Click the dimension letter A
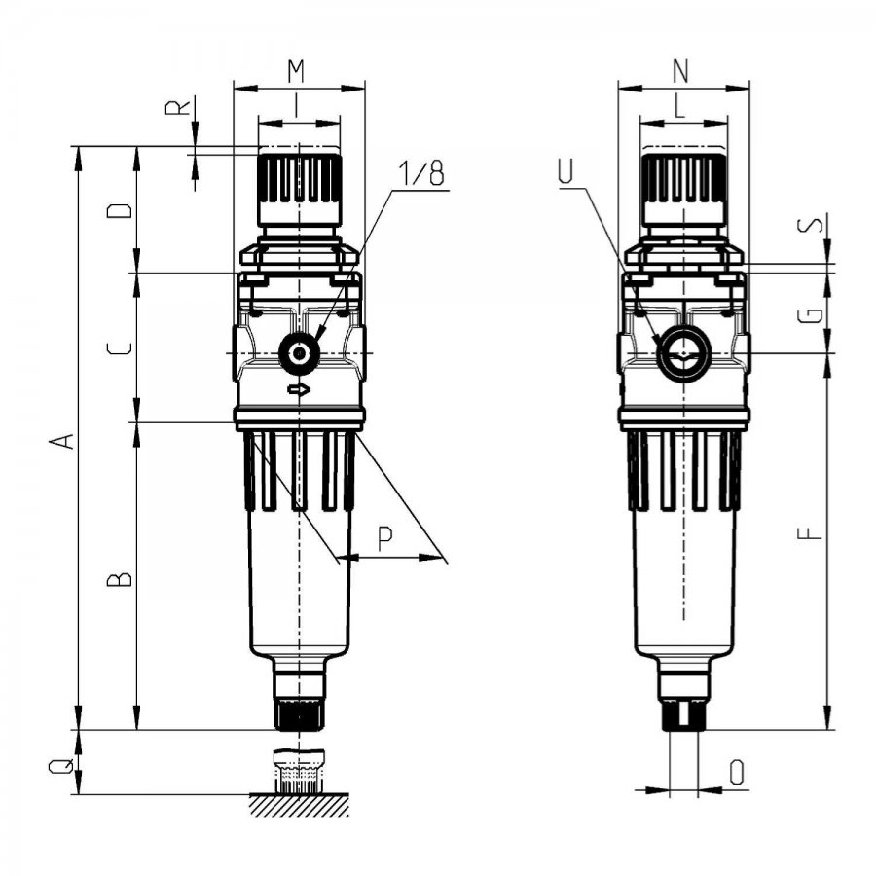61,440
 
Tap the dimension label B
120,579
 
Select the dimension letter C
120,349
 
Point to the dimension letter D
120,210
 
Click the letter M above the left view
296,70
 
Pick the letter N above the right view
680,70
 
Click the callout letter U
566,171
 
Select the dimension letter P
384,538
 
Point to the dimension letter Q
61,766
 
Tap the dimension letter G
810,315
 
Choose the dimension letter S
810,225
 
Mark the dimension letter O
738,773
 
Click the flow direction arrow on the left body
299,389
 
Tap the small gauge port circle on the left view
300,353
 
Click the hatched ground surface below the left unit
300,805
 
